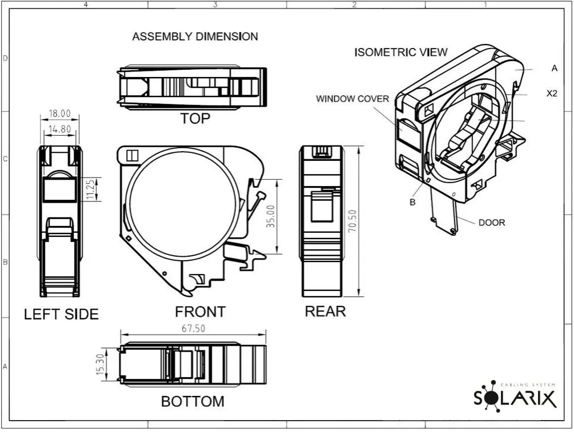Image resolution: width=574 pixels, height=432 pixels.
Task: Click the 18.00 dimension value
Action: coord(60,114)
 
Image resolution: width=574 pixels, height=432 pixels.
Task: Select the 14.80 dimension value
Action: coord(60,129)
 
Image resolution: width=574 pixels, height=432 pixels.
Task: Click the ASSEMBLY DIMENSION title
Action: coord(195,37)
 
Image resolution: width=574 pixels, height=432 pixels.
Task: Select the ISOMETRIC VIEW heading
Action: coord(401,53)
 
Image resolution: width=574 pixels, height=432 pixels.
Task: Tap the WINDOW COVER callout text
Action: coord(352,99)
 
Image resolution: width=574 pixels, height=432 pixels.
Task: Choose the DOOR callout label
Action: coord(492,223)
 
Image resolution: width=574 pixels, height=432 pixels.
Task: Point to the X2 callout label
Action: coord(552,93)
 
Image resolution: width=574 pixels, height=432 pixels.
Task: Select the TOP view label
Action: coord(195,119)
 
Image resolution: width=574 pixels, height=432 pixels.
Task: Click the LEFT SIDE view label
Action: coord(61,314)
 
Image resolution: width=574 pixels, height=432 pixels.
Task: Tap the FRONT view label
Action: coord(200,312)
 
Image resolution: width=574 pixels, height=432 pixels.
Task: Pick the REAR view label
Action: coord(325,311)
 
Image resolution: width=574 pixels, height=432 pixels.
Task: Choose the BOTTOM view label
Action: coord(192,401)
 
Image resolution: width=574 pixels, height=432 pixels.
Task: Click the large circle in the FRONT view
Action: coord(183,205)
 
